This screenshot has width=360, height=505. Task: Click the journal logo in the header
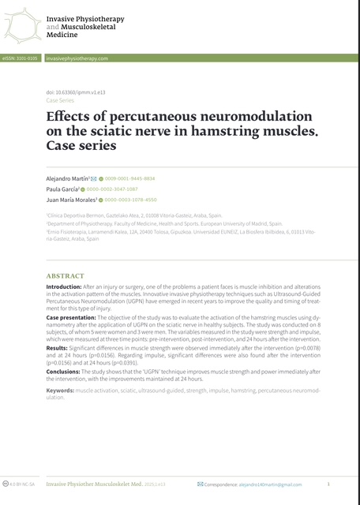pyautogui.click(x=22, y=24)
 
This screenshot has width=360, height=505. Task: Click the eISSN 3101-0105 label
pyautogui.click(x=21, y=58)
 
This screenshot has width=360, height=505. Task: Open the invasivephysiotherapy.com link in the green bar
pyautogui.click(x=77, y=58)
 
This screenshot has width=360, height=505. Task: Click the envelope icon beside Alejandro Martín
pyautogui.click(x=94, y=179)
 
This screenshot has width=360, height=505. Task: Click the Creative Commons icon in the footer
pyautogui.click(x=6, y=484)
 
